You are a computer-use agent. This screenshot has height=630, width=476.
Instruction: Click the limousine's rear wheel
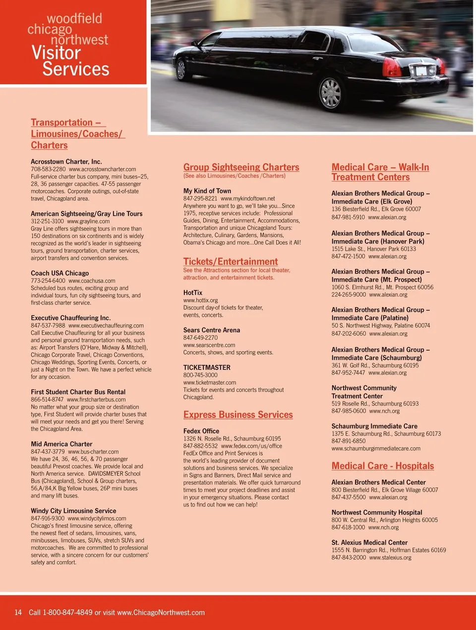point(331,93)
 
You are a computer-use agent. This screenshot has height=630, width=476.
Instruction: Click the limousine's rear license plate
point(422,71)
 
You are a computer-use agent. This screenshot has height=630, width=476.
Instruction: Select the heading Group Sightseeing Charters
point(241,167)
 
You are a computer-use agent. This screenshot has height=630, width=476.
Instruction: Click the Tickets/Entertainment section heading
point(230,261)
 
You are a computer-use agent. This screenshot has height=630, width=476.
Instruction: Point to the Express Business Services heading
point(238,415)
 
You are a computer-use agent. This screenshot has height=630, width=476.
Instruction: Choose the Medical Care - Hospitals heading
point(382,466)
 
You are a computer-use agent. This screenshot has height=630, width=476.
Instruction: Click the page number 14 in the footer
point(18,613)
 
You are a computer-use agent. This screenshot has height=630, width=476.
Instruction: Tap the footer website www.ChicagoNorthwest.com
point(161,613)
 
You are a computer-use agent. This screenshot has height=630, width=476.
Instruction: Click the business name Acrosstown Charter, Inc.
point(66,162)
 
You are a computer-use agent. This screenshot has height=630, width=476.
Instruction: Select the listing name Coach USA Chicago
point(59,273)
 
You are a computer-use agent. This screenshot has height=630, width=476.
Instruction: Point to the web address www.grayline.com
point(88,221)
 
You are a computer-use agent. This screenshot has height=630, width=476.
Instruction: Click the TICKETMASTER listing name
point(207,368)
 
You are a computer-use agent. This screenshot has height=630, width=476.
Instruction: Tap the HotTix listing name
point(193,293)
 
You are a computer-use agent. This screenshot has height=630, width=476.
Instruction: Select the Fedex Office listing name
point(201,431)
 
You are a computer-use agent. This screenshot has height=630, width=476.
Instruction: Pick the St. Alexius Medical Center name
point(369,543)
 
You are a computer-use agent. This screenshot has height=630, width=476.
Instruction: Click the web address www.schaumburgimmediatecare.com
point(376,448)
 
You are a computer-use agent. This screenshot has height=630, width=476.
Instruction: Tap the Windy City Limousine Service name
point(73,511)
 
